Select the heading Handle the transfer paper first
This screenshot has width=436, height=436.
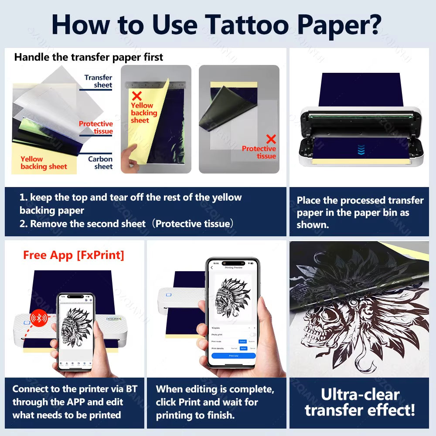tap(89, 57)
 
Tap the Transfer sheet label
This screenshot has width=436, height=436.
tap(99, 81)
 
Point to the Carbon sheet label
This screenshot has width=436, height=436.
tap(100, 163)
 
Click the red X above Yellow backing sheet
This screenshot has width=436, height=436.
tap(136, 96)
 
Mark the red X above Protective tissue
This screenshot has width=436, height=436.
tap(271, 139)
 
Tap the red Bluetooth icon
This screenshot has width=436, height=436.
tap(39, 318)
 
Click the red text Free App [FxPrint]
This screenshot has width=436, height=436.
tap(74, 255)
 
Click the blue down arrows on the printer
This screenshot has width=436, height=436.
tap(361, 150)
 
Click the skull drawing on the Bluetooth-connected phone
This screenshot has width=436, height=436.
tap(77, 327)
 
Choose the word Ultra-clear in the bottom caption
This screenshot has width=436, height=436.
tap(360, 395)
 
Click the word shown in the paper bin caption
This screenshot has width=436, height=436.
tap(313, 225)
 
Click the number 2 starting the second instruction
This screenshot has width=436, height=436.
tap(23, 224)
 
